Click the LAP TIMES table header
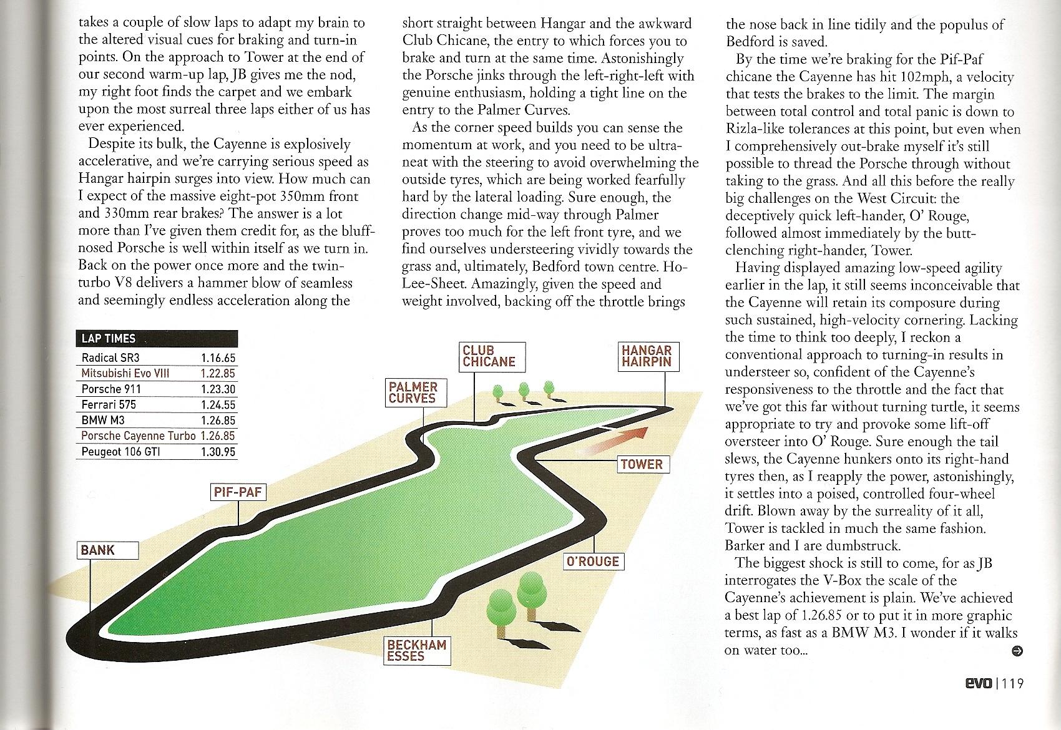point(156,339)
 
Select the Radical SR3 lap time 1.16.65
point(218,358)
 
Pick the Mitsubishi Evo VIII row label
point(125,374)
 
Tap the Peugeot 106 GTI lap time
point(218,452)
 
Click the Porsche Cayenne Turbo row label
point(138,436)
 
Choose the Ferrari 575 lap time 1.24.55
point(218,405)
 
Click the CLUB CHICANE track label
point(489,357)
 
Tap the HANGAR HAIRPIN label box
point(647,356)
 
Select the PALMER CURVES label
point(413,392)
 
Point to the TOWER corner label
point(642,465)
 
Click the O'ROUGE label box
point(592,562)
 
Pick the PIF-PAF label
point(237,492)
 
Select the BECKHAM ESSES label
point(416,651)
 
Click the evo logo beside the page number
point(977,684)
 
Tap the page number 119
point(1012,684)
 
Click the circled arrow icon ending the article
point(1017,651)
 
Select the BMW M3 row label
point(103,421)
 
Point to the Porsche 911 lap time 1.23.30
point(218,389)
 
